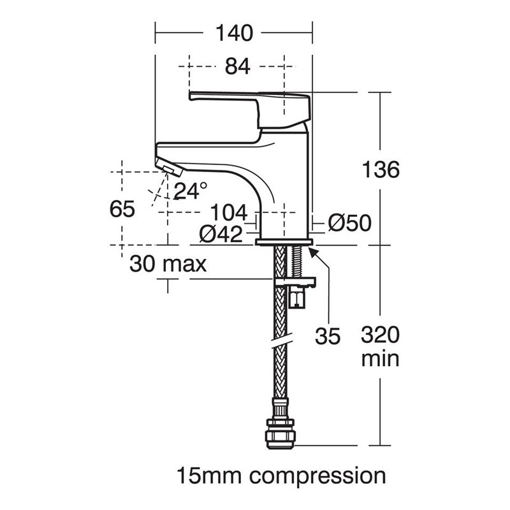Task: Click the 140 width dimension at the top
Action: pos(234,33)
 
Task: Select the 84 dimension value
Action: pos(237,66)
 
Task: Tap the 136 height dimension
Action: pos(381,170)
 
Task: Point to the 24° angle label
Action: pos(190,191)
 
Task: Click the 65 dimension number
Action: pos(122,209)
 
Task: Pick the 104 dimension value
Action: pos(229,213)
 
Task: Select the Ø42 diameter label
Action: pos(221,234)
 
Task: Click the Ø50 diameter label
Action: pos(349,222)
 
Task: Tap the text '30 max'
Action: pos(168,264)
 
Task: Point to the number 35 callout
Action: pos(328,336)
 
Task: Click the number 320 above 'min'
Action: pos(380,335)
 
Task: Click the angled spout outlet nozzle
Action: pos(169,166)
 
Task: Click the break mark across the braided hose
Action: pos(282,340)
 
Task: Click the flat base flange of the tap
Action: pos(284,242)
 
